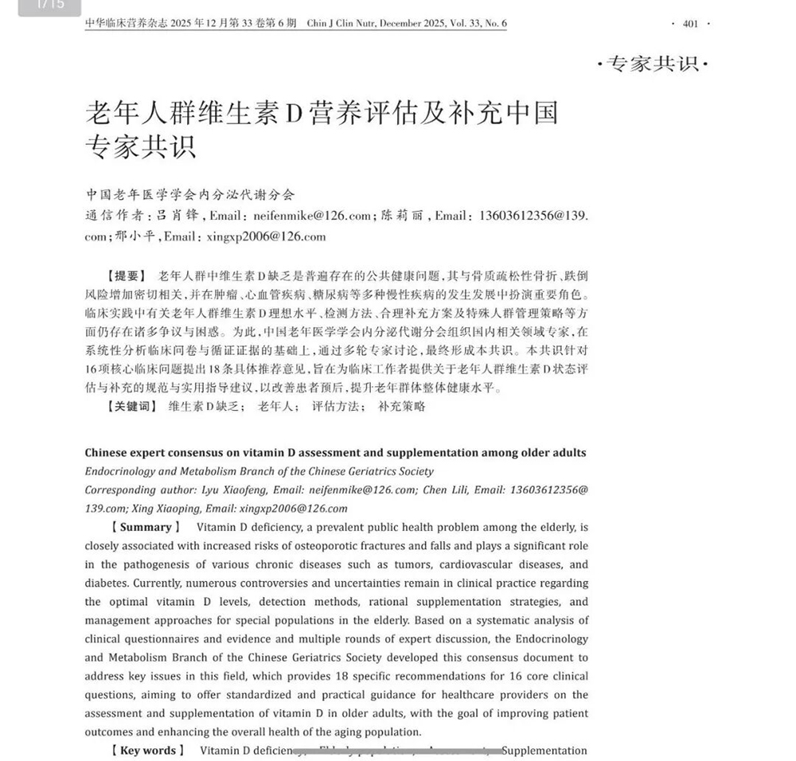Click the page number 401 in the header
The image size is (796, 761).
[x=690, y=24]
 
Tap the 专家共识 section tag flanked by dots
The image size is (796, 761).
[x=652, y=64]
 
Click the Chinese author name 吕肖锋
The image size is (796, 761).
[x=175, y=216]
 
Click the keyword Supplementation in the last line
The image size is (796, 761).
[x=544, y=751]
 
